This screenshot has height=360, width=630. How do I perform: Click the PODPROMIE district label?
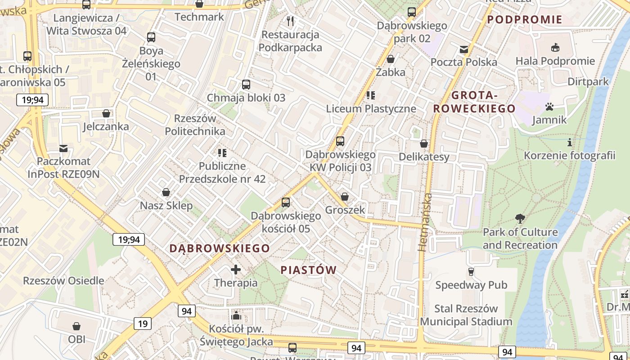tap(525, 19)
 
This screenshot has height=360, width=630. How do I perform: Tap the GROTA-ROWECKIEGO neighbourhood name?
tap(474, 102)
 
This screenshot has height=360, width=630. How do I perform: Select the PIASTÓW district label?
tap(309, 270)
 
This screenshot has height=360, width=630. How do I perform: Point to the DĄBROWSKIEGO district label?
tap(220, 248)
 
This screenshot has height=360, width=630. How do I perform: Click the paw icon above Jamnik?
tap(549, 107)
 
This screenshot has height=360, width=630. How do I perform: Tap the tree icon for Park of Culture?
tap(520, 219)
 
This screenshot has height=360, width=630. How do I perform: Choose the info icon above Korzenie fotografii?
tap(570, 143)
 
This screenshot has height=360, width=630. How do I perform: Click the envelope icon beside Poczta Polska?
tap(464, 49)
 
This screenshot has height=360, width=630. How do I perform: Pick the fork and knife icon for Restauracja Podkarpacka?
tap(290, 21)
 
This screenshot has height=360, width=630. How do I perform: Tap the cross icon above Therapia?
tap(236, 270)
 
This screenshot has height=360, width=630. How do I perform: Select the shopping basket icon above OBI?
tap(76, 326)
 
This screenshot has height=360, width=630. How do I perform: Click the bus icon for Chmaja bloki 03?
tap(246, 84)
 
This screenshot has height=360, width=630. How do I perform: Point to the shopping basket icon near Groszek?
tap(345, 197)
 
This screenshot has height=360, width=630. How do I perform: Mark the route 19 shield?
tap(143, 323)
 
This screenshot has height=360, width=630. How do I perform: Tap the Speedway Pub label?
tap(471, 285)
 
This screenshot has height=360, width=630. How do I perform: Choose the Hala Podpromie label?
tap(555, 61)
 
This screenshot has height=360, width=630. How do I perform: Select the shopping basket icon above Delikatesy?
tap(424, 144)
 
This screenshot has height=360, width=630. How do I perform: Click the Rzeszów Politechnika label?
tap(195, 125)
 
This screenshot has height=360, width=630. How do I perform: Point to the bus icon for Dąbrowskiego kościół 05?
tap(286, 202)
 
